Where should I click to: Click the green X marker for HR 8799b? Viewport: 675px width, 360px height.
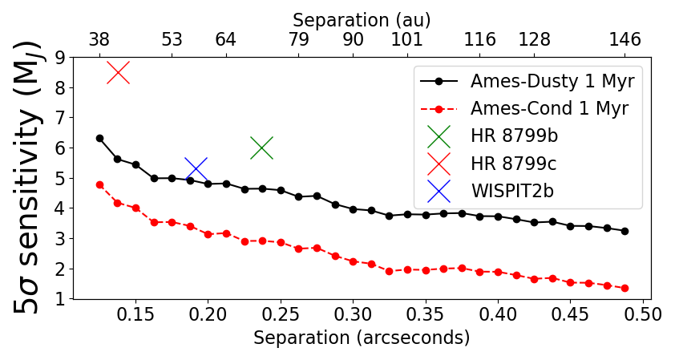click(261, 148)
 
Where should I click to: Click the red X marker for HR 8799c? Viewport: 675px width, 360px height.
click(118, 72)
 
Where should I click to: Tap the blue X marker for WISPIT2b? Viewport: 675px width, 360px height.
click(196, 169)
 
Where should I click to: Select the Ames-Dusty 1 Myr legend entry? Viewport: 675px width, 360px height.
click(552, 81)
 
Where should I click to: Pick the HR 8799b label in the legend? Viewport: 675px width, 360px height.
click(514, 136)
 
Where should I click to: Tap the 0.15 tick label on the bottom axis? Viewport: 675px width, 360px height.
click(135, 315)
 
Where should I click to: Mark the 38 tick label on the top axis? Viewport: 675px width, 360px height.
click(99, 40)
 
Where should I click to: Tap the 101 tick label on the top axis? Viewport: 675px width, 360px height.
click(407, 40)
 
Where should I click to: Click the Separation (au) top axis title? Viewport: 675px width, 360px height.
click(362, 19)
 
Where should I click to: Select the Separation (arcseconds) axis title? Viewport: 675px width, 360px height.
click(362, 338)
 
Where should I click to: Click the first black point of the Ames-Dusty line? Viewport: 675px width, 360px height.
click(99, 138)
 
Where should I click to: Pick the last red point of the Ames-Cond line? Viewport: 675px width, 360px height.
click(624, 288)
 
